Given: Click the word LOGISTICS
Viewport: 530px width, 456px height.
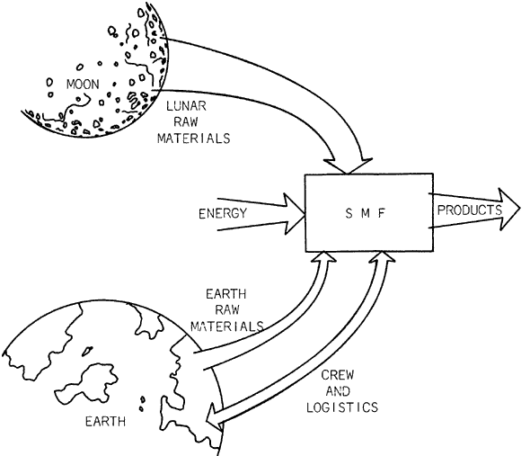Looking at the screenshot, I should pyautogui.click(x=347, y=407).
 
